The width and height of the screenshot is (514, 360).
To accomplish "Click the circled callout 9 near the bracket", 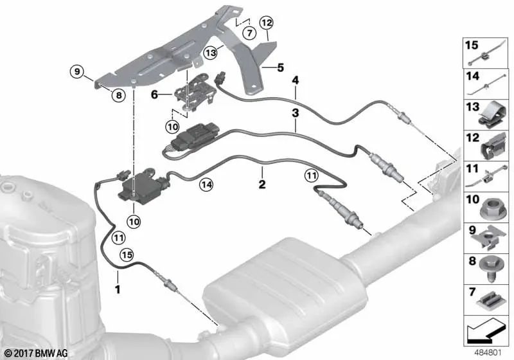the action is (x=77, y=71).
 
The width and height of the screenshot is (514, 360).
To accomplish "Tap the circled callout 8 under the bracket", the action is (x=118, y=95).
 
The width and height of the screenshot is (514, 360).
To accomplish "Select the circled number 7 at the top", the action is (x=250, y=33).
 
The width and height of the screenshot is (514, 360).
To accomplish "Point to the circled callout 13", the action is (x=211, y=53).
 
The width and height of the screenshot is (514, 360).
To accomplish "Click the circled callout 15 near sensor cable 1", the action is (x=127, y=255).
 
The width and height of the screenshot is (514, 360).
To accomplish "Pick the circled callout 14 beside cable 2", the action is (x=206, y=184).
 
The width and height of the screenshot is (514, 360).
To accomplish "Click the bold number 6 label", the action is (x=154, y=94).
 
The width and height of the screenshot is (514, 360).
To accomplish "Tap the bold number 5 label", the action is (x=280, y=67).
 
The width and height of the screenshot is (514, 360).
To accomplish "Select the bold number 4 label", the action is (x=296, y=80).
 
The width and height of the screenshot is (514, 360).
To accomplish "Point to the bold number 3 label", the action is (x=296, y=113).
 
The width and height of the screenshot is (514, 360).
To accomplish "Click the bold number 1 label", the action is (x=117, y=289).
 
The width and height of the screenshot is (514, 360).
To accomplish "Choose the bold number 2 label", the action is (x=262, y=184).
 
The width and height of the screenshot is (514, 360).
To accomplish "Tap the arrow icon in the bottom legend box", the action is (x=485, y=330).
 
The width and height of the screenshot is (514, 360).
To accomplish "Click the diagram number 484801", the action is (x=488, y=353).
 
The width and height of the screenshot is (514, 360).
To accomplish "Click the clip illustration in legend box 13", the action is (x=492, y=115).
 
